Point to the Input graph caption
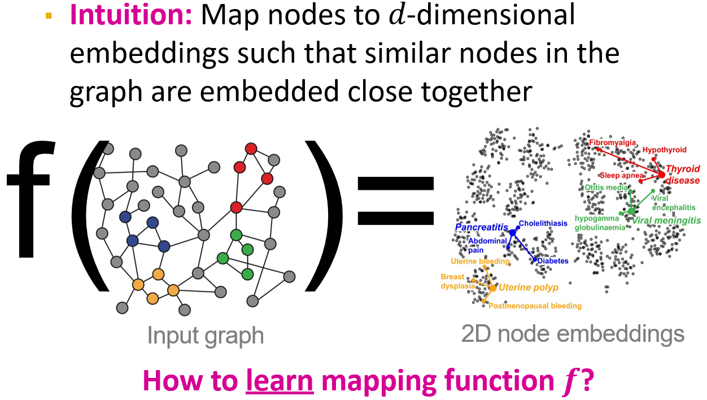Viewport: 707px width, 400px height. click(x=206, y=336)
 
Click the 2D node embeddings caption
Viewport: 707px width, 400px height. click(x=573, y=334)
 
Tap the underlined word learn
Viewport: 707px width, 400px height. click(x=280, y=381)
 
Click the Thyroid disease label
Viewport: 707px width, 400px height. click(x=682, y=174)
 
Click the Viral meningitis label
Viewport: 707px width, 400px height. click(x=666, y=220)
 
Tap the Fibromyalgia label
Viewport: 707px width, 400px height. click(x=613, y=143)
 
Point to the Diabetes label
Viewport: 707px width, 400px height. click(x=553, y=261)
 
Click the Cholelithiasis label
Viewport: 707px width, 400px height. click(x=543, y=223)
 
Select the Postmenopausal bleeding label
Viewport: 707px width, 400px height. click(x=534, y=306)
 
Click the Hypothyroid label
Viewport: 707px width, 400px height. click(x=664, y=150)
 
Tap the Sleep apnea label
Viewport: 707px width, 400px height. click(x=622, y=175)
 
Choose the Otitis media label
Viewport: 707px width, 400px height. click(x=606, y=188)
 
